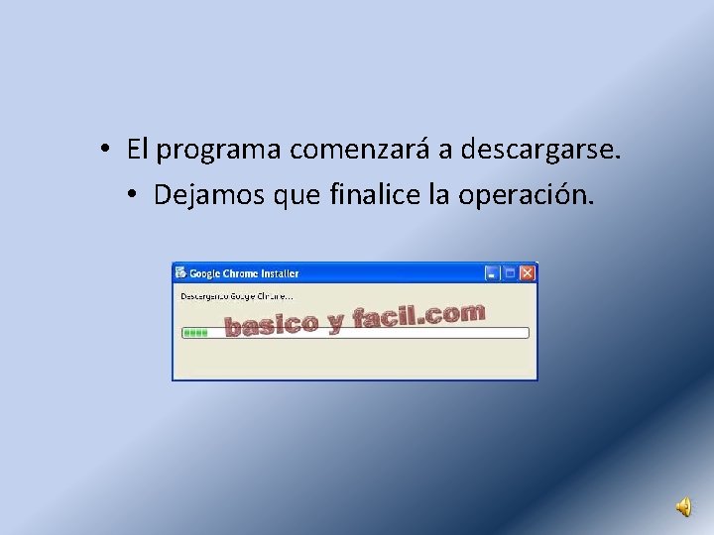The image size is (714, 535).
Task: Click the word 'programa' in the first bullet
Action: [x=219, y=151]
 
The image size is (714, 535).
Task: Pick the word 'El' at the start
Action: [x=138, y=150]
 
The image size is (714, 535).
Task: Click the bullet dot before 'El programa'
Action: [x=104, y=151]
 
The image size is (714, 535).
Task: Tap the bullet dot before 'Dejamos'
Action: [x=131, y=195]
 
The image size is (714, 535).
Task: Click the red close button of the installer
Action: [x=528, y=272]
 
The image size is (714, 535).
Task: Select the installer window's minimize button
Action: [x=492, y=272]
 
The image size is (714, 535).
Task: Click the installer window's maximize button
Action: [x=510, y=272]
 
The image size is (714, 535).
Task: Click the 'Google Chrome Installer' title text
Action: [x=244, y=273]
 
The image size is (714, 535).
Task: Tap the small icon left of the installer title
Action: [x=180, y=272]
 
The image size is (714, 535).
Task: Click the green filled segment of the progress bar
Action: [x=195, y=333]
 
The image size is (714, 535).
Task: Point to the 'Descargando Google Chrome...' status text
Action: [x=236, y=295]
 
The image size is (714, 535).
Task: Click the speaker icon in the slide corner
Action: [x=684, y=507]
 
